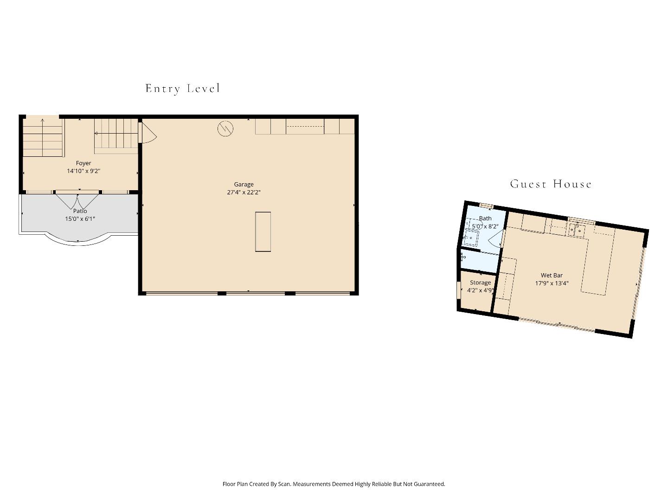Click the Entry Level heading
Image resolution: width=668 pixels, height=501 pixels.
click(x=182, y=88)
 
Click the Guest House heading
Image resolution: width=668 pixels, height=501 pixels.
click(x=551, y=184)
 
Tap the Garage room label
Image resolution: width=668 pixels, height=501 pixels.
click(x=244, y=184)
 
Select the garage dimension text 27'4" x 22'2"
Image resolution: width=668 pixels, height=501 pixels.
click(x=244, y=193)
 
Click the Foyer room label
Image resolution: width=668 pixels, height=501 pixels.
click(x=83, y=163)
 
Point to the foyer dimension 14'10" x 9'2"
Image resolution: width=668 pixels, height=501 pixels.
click(x=83, y=171)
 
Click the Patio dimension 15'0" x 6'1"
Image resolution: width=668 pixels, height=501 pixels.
click(x=80, y=219)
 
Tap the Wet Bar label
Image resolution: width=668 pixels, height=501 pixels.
click(x=552, y=275)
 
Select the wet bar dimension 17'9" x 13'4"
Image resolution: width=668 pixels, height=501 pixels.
click(x=552, y=283)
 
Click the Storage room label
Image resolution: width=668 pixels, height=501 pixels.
click(x=480, y=283)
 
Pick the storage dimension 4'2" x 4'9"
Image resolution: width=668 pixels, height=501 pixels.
click(x=480, y=290)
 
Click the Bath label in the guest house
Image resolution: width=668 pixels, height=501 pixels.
click(x=485, y=218)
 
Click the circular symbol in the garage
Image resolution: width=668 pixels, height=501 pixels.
click(x=225, y=128)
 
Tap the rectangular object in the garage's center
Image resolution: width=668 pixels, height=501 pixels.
click(x=263, y=231)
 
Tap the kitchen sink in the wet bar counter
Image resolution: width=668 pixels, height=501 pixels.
click(x=576, y=230)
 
